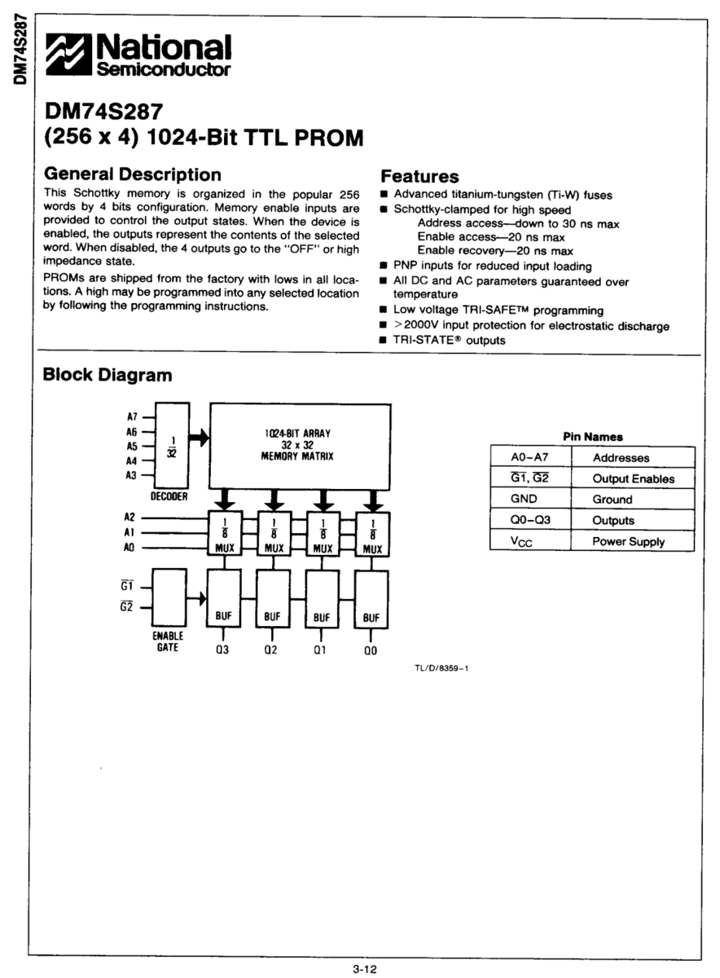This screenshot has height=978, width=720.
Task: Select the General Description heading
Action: (131, 174)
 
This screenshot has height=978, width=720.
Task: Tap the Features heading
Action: (420, 176)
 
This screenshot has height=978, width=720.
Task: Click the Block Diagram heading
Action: (107, 375)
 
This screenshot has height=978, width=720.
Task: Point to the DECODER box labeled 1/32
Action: (171, 447)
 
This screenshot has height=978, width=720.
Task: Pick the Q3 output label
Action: (223, 650)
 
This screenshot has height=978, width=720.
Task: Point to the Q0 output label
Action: (371, 650)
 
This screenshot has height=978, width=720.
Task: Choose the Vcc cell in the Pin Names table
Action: (530, 541)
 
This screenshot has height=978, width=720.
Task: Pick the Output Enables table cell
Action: (633, 478)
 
